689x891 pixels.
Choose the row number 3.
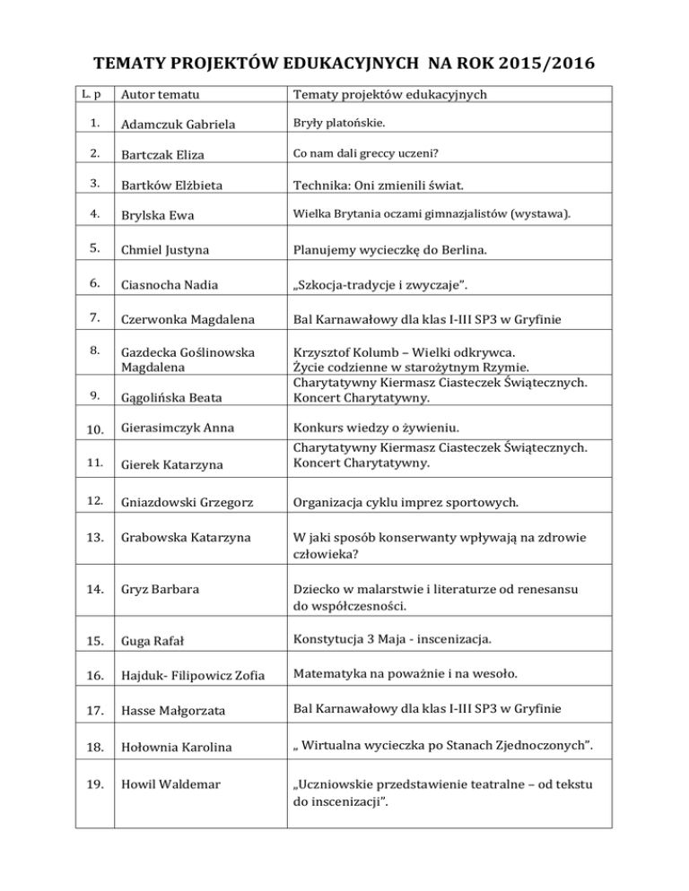pyautogui.click(x=82, y=183)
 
